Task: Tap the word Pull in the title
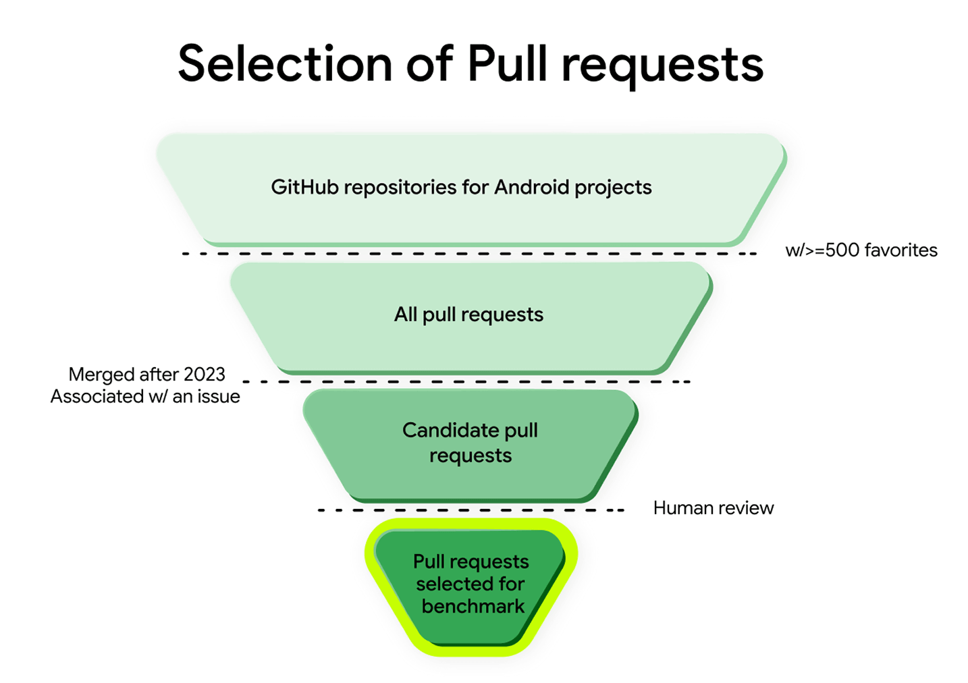tap(508, 64)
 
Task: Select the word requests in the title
tap(662, 66)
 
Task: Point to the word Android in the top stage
tap(532, 187)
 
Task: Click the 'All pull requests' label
tap(468, 315)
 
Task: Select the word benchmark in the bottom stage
tap(473, 606)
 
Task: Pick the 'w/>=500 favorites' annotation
tap(861, 250)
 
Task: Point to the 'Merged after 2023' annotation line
tap(147, 374)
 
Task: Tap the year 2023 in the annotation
tap(205, 374)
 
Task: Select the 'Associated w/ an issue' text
tap(145, 396)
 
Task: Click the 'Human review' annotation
tap(713, 508)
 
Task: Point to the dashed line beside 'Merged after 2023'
tap(466, 382)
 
